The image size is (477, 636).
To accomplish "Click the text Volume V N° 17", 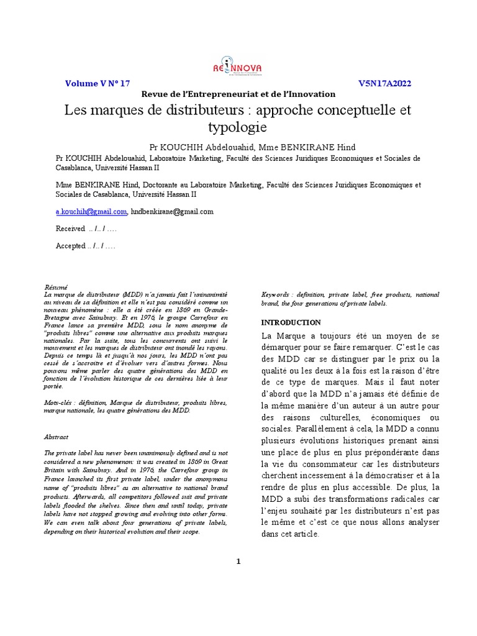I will point(98,83).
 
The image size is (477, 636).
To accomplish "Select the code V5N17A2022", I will point(384,83).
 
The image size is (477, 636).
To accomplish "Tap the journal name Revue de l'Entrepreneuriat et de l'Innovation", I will point(238,94).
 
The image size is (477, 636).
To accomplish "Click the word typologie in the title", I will point(238,127).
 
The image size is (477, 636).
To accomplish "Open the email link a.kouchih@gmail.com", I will point(91,212).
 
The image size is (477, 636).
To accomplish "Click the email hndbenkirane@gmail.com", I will point(172,212).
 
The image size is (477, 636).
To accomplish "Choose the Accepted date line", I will point(85,246).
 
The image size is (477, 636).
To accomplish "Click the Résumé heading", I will point(55,287).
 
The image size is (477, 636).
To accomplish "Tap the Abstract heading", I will point(57,437).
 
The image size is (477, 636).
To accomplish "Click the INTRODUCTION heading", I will point(291,323).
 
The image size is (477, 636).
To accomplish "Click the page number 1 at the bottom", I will point(238,562).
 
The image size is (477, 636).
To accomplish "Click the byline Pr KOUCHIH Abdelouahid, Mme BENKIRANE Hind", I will point(252,147).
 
